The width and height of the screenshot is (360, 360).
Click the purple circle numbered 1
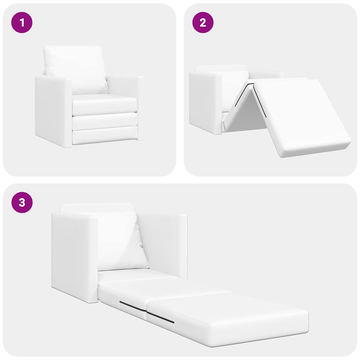click(x=22, y=22)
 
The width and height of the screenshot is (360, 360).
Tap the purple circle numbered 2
click(x=202, y=22)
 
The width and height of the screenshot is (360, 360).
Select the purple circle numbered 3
click(x=22, y=202)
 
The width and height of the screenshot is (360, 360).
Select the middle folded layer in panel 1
click(x=104, y=121)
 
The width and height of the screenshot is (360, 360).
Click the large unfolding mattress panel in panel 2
click(x=302, y=116)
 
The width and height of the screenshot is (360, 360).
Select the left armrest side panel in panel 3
click(x=74, y=257)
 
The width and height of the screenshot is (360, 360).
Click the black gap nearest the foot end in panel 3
click(x=160, y=317)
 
